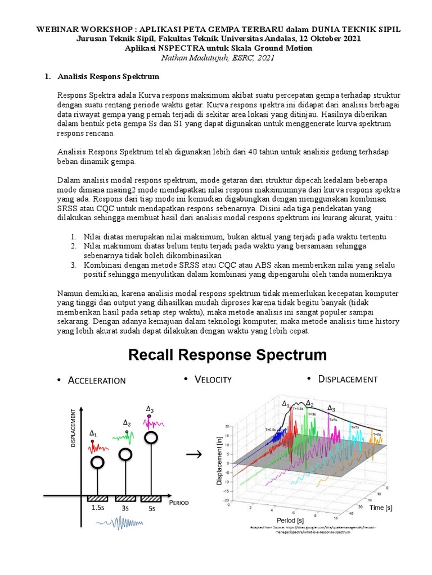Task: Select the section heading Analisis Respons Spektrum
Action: [107, 76]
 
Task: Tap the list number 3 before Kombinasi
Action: [73, 265]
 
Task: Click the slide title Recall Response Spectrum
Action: [228, 355]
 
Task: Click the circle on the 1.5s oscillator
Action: [97, 462]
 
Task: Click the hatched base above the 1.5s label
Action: [97, 498]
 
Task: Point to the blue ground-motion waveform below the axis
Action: [118, 523]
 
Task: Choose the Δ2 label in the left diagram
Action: [127, 422]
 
